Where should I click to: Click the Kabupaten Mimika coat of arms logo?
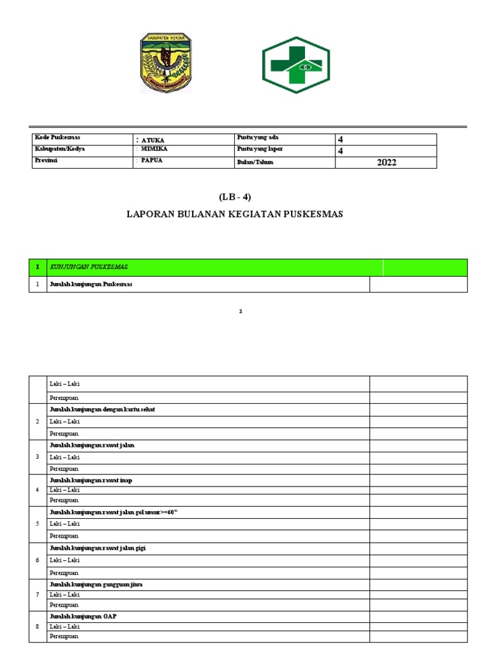165,63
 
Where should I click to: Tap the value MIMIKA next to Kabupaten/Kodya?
155,150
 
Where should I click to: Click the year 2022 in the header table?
386,162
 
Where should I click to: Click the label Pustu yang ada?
257,138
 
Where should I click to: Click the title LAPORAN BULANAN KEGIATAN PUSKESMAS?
235,214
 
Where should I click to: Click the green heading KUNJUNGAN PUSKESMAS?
89,267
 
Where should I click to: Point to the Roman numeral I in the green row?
37,267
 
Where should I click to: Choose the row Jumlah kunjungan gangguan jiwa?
96,584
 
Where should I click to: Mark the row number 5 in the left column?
37,524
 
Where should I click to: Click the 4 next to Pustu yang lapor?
340,151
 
